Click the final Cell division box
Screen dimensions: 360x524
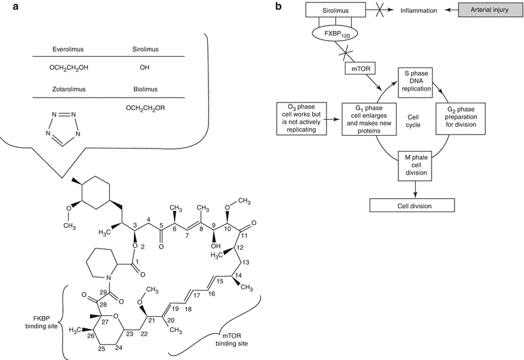(412, 205)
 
